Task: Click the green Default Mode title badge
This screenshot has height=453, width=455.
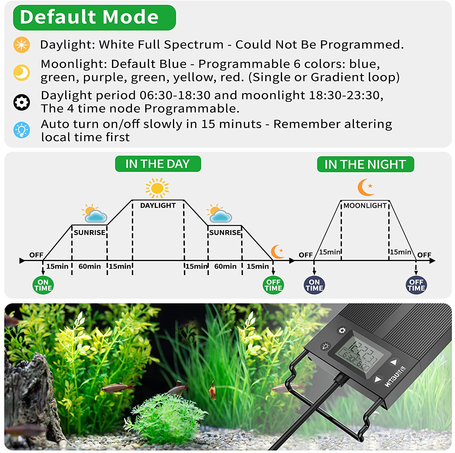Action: (94, 17)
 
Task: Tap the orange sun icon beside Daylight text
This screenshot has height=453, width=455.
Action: (22, 45)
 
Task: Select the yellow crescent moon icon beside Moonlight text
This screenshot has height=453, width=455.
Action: (22, 73)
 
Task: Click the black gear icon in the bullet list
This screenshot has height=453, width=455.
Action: (22, 102)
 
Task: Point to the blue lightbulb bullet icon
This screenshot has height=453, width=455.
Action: (22, 130)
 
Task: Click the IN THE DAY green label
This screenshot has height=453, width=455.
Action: (158, 164)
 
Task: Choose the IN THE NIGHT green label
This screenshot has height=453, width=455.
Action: (366, 164)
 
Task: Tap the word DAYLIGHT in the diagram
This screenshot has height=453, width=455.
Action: (158, 206)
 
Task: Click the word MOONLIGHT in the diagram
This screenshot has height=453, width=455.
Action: (365, 206)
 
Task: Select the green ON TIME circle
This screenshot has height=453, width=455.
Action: (43, 285)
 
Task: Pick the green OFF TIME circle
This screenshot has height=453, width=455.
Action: (273, 285)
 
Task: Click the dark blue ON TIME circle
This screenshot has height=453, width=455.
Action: (314, 285)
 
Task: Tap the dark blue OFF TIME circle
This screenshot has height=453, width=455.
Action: (416, 285)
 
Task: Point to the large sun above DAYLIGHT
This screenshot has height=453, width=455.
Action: (157, 188)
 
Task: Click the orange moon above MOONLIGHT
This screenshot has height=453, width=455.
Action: (366, 187)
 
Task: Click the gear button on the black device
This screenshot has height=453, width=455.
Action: (342, 330)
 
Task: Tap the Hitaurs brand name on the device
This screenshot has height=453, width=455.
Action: (395, 376)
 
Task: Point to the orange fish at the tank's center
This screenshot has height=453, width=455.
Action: (213, 391)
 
